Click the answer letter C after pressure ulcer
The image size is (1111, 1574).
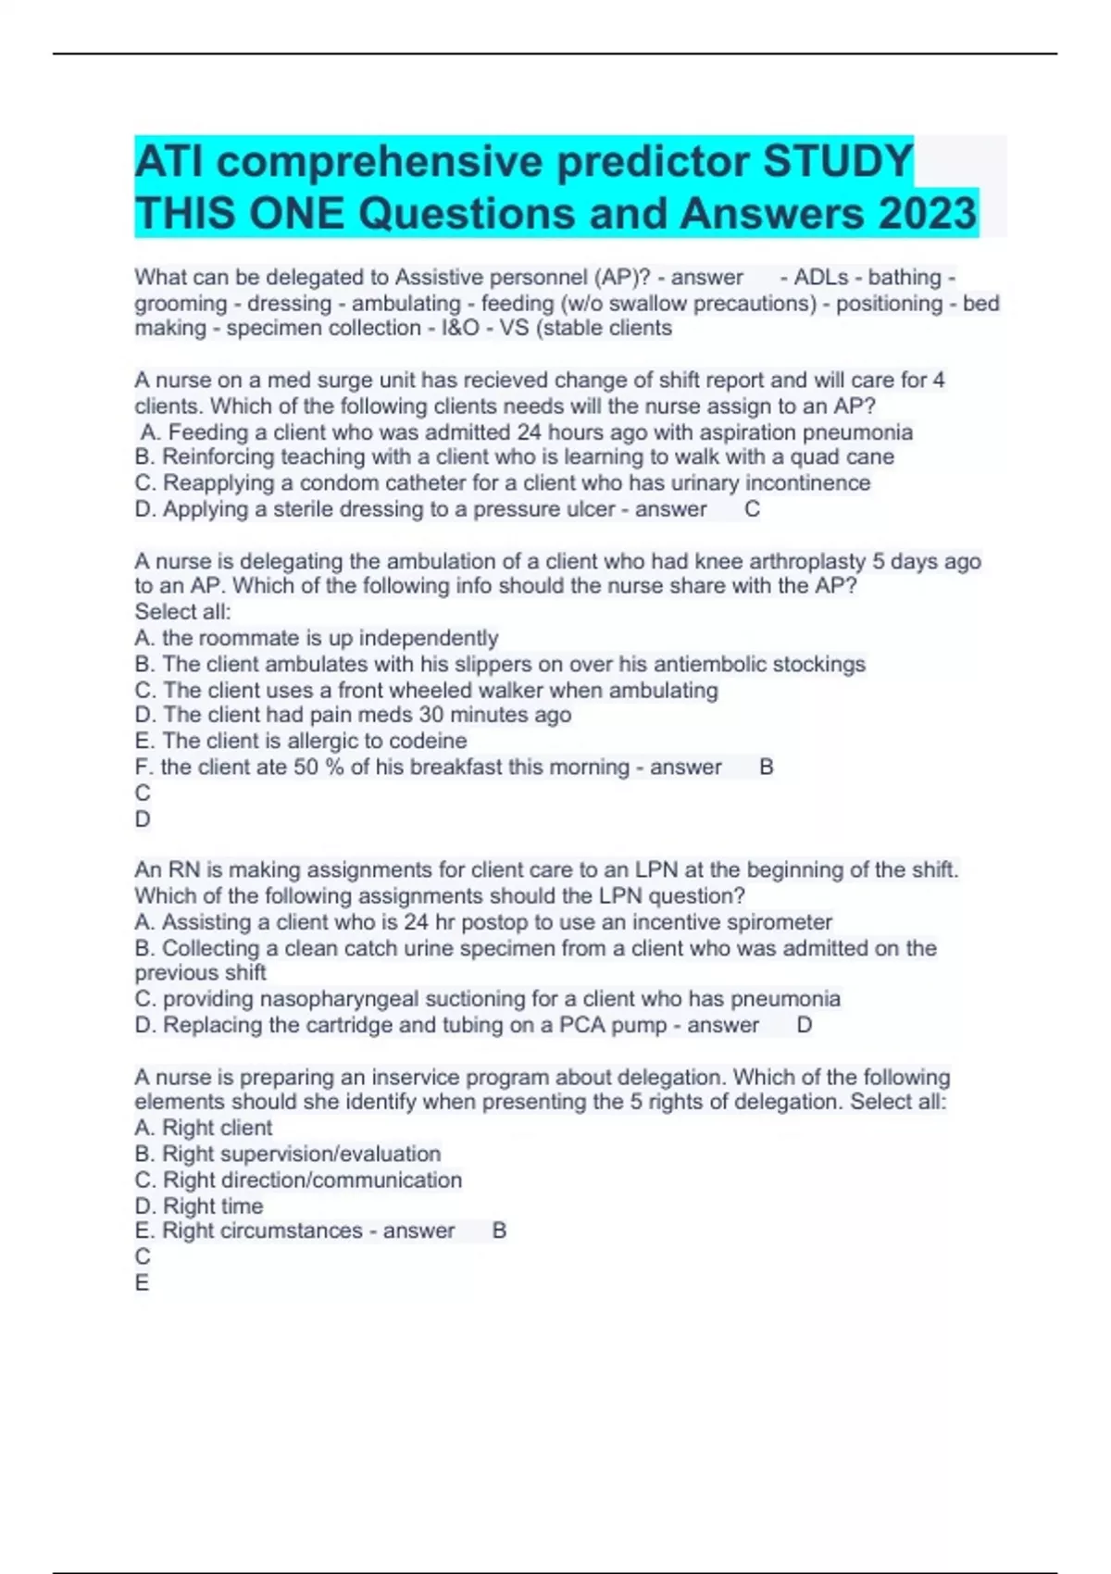[x=752, y=509]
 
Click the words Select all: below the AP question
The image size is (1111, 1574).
[x=182, y=612]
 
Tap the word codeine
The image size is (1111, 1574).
[x=430, y=741]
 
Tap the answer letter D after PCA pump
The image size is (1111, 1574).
[x=804, y=1025]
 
